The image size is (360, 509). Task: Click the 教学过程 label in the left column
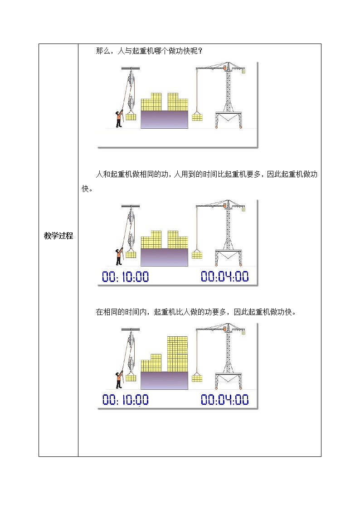click(x=58, y=236)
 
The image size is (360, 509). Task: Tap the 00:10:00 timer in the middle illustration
click(x=125, y=276)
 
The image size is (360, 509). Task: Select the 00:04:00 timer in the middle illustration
click(x=225, y=276)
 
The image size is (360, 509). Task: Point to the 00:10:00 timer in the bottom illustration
click(x=125, y=400)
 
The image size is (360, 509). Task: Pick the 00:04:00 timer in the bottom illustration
click(x=225, y=400)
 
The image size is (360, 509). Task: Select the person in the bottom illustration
click(x=119, y=380)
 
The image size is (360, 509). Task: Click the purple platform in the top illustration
click(x=164, y=119)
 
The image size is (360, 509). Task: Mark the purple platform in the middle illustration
click(x=164, y=257)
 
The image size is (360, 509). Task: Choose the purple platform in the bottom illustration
click(x=164, y=380)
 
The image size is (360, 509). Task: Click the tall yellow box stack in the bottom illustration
click(x=177, y=353)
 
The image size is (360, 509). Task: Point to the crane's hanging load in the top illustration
click(x=197, y=117)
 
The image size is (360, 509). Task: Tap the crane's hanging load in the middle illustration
click(x=197, y=255)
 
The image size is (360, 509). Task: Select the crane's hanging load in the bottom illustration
click(x=197, y=378)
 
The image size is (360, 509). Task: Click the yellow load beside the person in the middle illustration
click(x=131, y=255)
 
